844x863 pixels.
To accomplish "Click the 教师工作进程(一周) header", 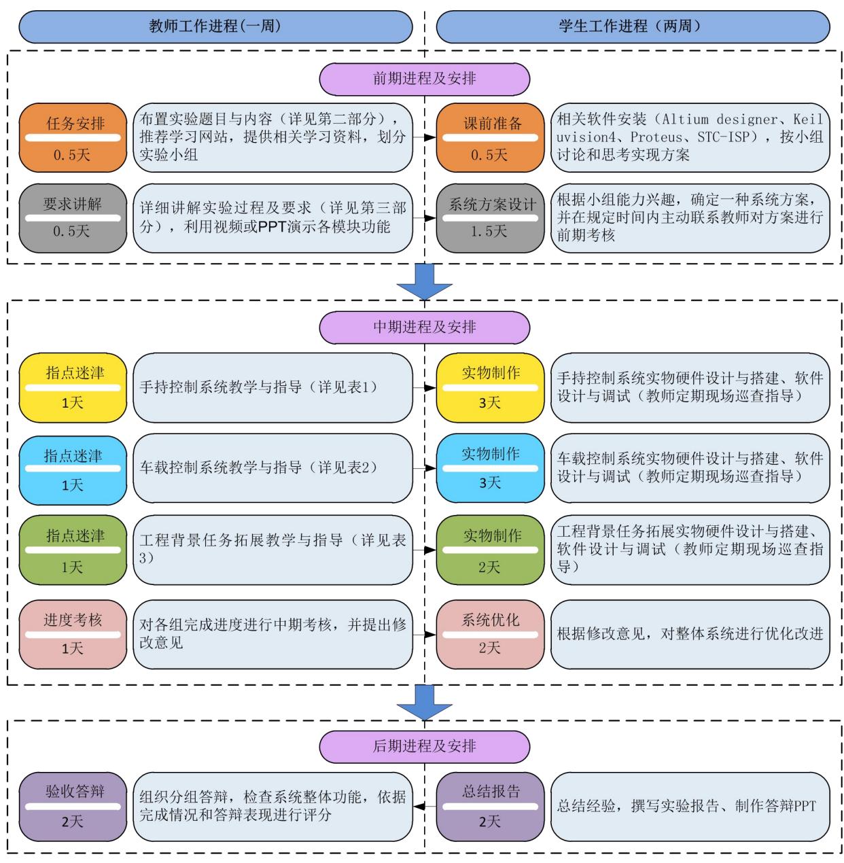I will (215, 27).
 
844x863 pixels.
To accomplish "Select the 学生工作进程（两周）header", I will (633, 27).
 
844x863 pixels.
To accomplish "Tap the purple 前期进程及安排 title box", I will (424, 79).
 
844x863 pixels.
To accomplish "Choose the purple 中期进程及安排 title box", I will (424, 327).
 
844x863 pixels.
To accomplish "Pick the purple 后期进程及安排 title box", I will (424, 746).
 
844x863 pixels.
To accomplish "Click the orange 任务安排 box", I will (73, 138).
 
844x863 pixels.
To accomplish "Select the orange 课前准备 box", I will (491, 138).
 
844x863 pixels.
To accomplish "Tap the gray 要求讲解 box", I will (73, 217).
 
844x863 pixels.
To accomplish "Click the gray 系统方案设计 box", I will (491, 217).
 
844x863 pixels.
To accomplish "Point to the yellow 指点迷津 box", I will (73, 387).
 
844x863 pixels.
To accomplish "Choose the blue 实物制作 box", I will (491, 468).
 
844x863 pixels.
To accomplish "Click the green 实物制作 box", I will (491, 550).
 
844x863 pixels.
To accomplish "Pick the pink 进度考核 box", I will (73, 633).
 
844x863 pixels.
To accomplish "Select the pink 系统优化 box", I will (491, 633).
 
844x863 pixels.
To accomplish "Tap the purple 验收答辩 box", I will (73, 806).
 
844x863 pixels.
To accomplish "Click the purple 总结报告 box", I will (491, 806).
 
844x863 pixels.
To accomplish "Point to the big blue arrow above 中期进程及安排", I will (425, 281).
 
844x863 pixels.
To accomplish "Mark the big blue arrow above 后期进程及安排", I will (425, 702).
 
